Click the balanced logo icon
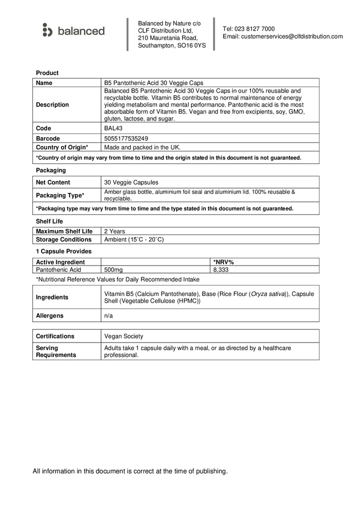[x=47, y=30]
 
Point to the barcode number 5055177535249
[x=126, y=138]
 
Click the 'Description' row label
[x=52, y=105]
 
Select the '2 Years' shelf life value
[x=114, y=231]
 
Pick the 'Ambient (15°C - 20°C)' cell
[x=134, y=239]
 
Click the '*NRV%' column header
[x=223, y=262]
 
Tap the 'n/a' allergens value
[x=108, y=316]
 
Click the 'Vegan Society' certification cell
[x=123, y=336]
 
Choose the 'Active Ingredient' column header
[x=60, y=262]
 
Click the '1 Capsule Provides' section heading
[x=63, y=251]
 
